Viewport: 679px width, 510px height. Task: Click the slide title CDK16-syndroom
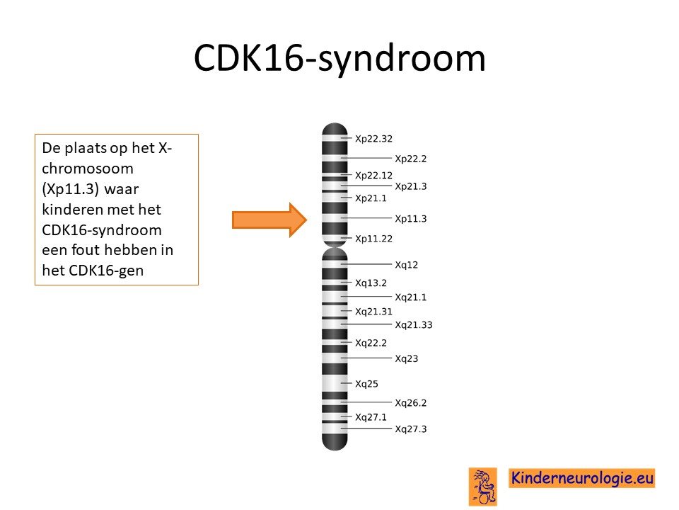339,58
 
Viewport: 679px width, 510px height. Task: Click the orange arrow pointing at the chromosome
269,220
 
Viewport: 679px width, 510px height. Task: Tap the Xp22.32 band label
373,139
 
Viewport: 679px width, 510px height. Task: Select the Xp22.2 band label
410,159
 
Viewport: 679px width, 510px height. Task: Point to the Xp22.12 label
373,175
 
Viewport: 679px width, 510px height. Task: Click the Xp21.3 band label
410,186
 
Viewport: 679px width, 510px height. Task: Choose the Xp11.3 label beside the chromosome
410,219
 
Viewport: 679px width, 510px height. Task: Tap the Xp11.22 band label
373,239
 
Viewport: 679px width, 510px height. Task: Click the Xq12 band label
406,264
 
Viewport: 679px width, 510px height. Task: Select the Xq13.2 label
371,283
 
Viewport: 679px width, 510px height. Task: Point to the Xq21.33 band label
414,325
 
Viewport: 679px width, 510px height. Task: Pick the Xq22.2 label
371,343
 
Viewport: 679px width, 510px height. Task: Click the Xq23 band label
406,358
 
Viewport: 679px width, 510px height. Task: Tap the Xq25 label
366,384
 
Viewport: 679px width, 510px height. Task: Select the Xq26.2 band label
410,403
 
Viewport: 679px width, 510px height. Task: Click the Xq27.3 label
410,429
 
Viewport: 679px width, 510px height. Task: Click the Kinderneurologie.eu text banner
581,478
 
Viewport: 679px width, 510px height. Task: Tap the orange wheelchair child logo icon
483,487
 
